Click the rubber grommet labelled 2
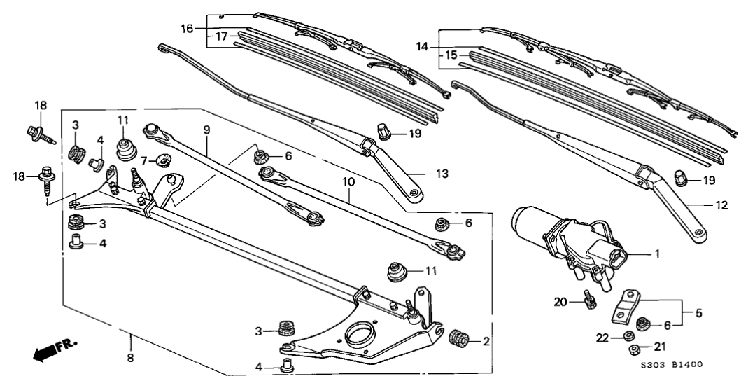[x=458, y=340]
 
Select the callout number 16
[x=187, y=29]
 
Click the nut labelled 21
[x=633, y=349]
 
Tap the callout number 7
[x=143, y=160]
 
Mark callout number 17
[x=221, y=37]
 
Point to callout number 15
[x=451, y=55]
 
